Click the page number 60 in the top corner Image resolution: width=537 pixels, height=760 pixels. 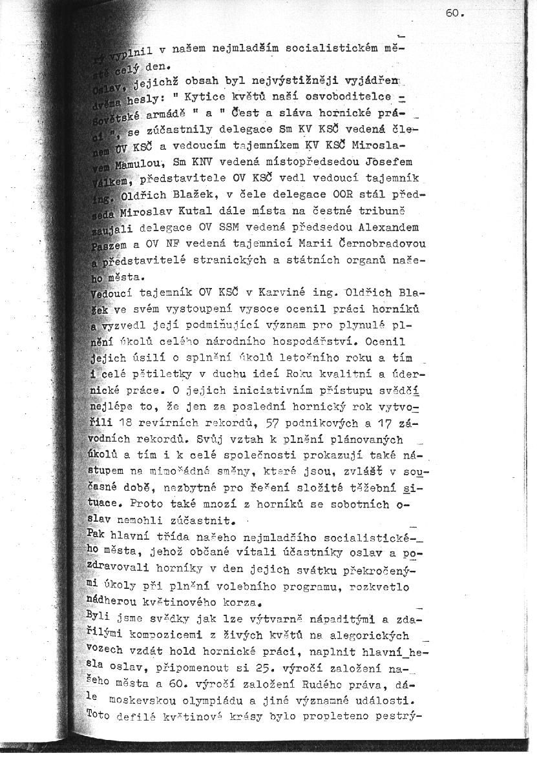pyautogui.click(x=454, y=13)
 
